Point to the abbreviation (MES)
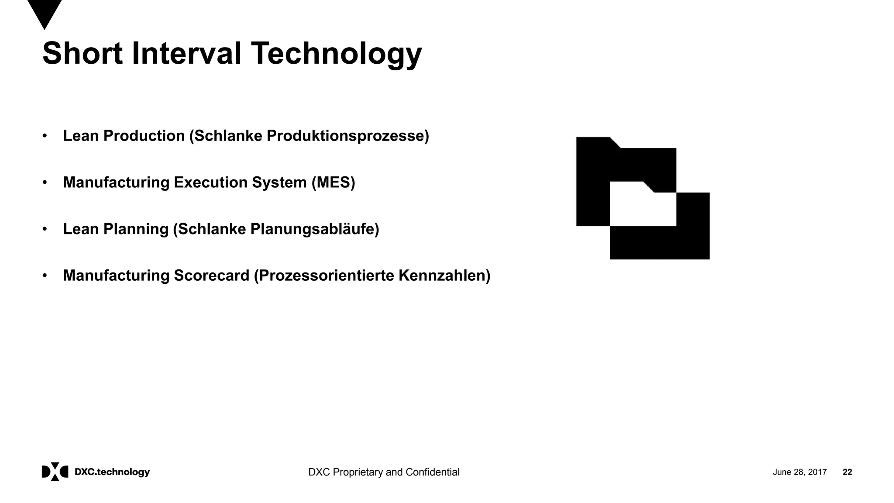(x=333, y=183)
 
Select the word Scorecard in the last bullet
(x=211, y=276)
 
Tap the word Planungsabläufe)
(x=314, y=229)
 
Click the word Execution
(x=210, y=183)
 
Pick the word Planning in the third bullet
(x=136, y=229)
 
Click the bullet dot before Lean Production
(x=45, y=136)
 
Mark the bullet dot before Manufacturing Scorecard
(x=45, y=276)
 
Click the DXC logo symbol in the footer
(x=55, y=472)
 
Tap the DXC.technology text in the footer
(x=112, y=472)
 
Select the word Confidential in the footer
(x=432, y=472)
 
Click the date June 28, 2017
(x=799, y=472)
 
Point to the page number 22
(x=847, y=472)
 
